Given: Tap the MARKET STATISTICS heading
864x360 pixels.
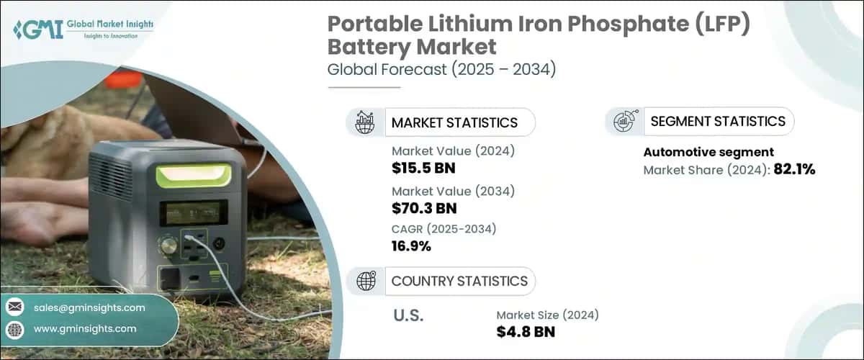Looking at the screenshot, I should click(454, 122).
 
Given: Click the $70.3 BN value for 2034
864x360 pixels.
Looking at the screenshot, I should click(424, 208).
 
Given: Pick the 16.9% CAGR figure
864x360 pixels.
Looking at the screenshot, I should click(412, 247).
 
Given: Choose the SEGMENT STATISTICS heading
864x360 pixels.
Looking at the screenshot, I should click(718, 121).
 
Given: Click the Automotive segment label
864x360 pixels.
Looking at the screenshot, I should click(708, 152).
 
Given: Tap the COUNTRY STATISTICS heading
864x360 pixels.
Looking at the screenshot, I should click(459, 281).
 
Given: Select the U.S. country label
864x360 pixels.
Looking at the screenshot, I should click(408, 315).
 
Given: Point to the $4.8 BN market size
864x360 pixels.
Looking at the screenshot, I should click(526, 332).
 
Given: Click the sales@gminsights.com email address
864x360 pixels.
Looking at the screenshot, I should click(89, 307).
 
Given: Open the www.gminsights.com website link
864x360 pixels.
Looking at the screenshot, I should click(85, 328).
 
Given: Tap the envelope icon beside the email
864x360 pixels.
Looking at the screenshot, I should click(14, 307).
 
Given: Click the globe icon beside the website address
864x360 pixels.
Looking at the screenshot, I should click(14, 328).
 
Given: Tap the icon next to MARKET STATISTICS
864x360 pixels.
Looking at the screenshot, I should click(365, 122).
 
